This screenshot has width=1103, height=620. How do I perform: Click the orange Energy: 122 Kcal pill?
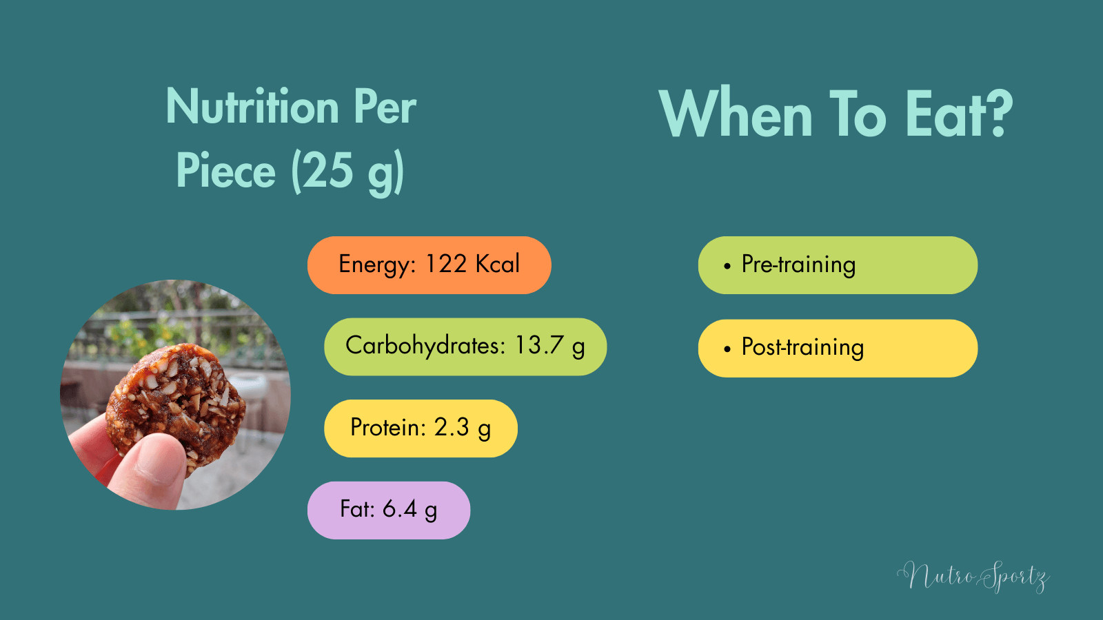click(x=429, y=265)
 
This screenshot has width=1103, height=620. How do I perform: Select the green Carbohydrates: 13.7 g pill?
click(x=465, y=347)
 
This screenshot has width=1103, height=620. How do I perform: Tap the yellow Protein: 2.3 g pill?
click(x=421, y=428)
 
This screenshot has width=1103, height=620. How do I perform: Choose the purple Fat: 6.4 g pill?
click(x=388, y=510)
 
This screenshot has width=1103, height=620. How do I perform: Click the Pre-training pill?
click(x=838, y=265)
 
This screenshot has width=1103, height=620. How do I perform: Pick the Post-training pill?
click(x=838, y=348)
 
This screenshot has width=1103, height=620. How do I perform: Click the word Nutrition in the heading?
click(x=252, y=107)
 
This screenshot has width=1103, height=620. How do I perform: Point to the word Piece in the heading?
click(x=225, y=171)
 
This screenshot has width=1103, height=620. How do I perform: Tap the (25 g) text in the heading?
click(x=347, y=172)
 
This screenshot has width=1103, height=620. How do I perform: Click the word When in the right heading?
click(x=736, y=114)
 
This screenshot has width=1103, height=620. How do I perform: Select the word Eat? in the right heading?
click(x=959, y=114)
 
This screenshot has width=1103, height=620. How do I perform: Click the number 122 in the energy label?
click(x=446, y=264)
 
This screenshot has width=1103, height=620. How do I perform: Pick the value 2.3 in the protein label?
click(x=452, y=427)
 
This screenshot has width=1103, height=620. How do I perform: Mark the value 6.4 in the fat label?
click(x=400, y=509)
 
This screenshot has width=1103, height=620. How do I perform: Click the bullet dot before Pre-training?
click(x=727, y=266)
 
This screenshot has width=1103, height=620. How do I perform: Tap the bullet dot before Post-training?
click(x=727, y=349)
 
